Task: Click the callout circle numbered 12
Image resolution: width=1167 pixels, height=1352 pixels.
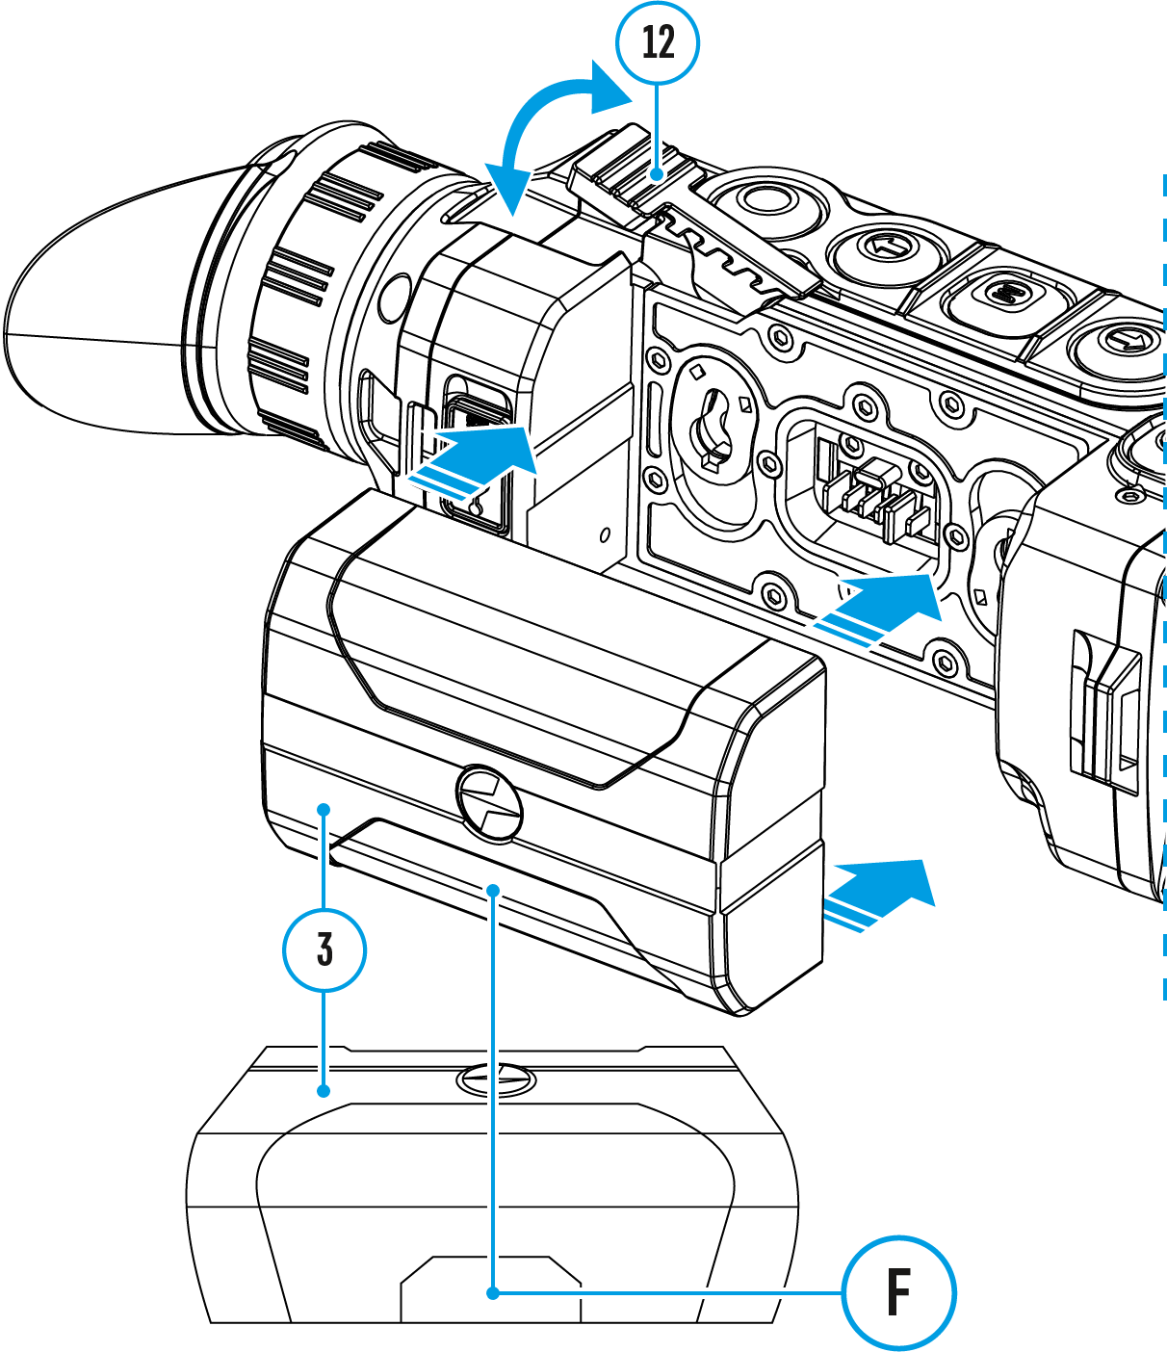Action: [x=658, y=42]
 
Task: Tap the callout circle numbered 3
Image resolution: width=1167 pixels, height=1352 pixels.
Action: [x=324, y=949]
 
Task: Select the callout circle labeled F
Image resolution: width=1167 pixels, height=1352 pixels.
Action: [x=898, y=1292]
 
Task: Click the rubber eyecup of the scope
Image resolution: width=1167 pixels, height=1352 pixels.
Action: [x=106, y=308]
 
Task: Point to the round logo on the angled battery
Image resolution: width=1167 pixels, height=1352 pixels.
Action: [x=490, y=801]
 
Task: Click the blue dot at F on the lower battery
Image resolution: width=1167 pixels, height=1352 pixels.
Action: [x=493, y=1292]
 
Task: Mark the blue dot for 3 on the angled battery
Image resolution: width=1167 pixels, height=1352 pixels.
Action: [x=325, y=810]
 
